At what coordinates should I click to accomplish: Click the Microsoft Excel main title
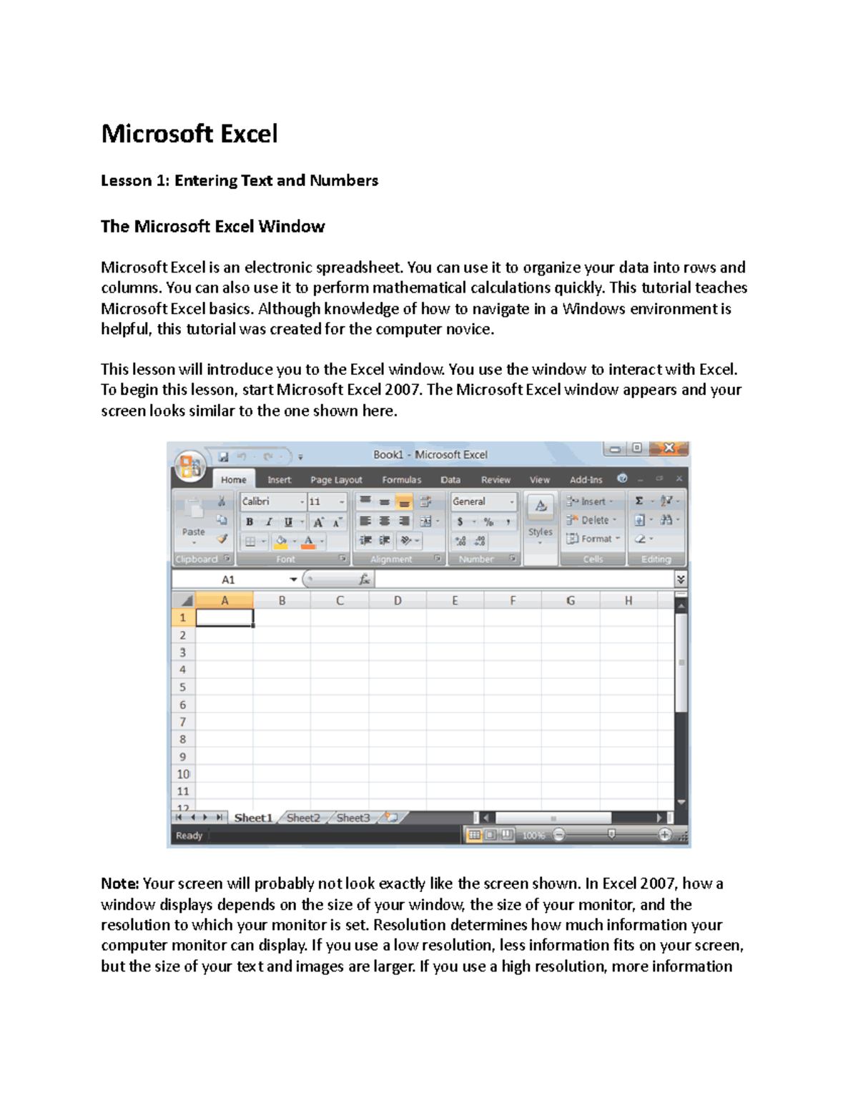(x=189, y=134)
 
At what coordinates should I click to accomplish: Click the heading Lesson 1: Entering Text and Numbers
(x=239, y=180)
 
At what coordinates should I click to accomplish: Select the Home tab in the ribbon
(x=233, y=480)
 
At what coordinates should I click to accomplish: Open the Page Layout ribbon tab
(x=336, y=480)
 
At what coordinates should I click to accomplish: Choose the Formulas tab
(x=401, y=480)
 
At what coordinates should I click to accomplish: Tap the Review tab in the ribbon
(x=495, y=480)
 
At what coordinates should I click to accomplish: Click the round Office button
(x=189, y=466)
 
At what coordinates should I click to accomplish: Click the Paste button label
(x=193, y=532)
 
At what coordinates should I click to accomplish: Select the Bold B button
(x=250, y=522)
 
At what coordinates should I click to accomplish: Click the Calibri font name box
(x=272, y=501)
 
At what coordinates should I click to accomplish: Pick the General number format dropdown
(x=483, y=501)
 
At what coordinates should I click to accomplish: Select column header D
(x=398, y=601)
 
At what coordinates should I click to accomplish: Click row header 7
(x=183, y=722)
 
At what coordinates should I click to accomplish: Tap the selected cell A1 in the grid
(x=225, y=617)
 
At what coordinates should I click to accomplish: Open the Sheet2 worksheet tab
(x=303, y=818)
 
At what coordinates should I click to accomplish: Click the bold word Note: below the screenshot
(x=119, y=884)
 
